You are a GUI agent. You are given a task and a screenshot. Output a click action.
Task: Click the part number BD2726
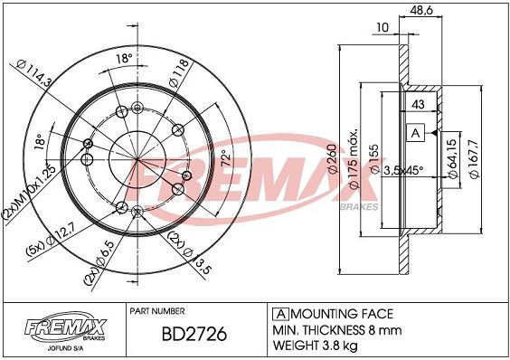pyautogui.click(x=194, y=335)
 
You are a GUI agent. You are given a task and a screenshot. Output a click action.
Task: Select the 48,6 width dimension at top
pyautogui.click(x=421, y=11)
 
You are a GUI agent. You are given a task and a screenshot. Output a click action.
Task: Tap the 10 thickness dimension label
pyautogui.click(x=382, y=27)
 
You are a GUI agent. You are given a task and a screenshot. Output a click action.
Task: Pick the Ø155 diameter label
pyautogui.click(x=374, y=159)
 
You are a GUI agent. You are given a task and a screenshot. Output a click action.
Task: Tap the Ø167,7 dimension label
pyautogui.click(x=475, y=159)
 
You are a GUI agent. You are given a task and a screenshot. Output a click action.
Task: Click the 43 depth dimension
pyautogui.click(x=418, y=104)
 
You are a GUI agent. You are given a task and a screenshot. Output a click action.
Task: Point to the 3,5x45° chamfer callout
pyautogui.click(x=403, y=170)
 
